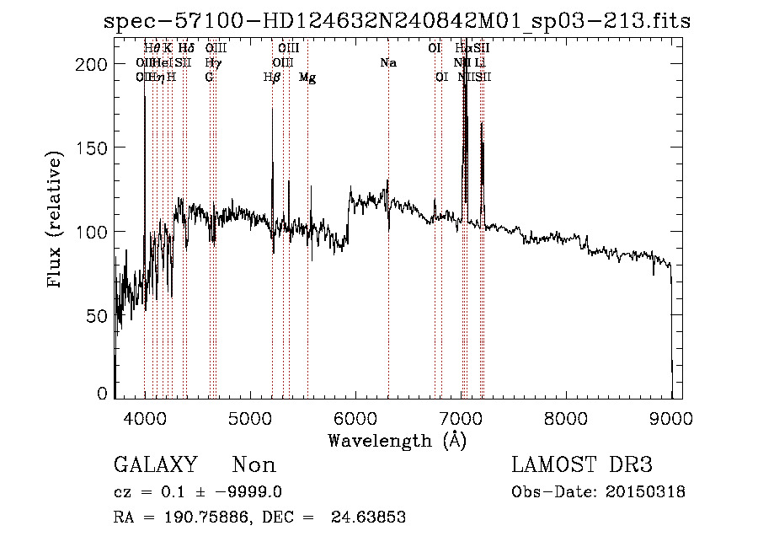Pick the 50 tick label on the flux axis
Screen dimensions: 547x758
coord(100,315)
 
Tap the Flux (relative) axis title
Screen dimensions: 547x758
coord(56,221)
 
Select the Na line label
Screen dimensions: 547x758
coord(388,63)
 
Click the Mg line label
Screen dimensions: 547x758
coord(307,78)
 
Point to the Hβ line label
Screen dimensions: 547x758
coord(271,78)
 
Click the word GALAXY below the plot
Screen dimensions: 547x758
coord(156,465)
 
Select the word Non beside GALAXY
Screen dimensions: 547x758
coord(254,465)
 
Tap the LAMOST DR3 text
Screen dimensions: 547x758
coord(582,465)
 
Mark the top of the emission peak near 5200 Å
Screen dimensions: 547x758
coord(272,108)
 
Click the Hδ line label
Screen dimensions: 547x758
coord(186,49)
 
